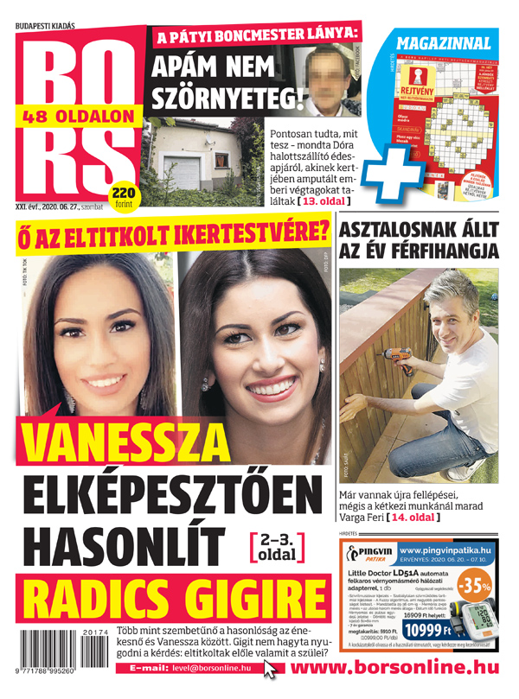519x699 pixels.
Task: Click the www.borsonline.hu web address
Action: point(399,667)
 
